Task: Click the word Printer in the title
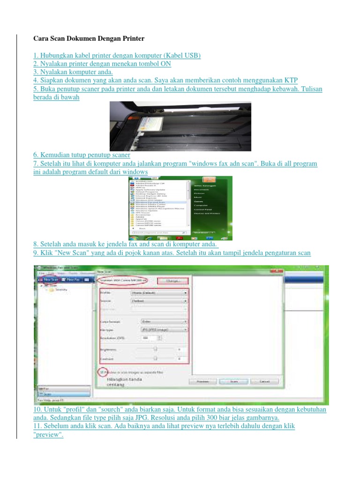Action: [131, 38]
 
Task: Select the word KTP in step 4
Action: [291, 80]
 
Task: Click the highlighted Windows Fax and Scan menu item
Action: [148, 202]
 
